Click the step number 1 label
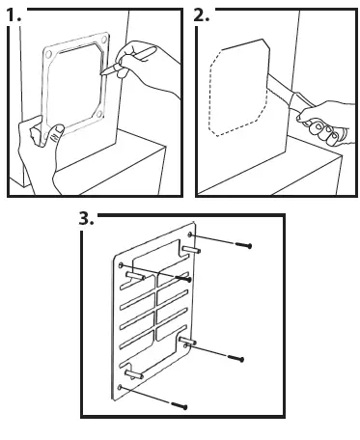tap(14, 15)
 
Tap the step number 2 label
tap(202, 15)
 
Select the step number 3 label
tap(86, 219)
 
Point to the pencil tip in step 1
tap(102, 73)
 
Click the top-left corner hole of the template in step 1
tap(48, 55)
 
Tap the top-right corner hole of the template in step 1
tap(104, 40)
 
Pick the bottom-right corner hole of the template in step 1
tap(99, 114)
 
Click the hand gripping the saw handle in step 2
tap(326, 123)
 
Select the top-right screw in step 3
tap(243, 245)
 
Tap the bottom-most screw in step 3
tap(179, 405)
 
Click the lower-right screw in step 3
tap(235, 358)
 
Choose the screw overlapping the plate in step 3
tap(183, 278)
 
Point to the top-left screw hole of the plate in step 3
tap(121, 265)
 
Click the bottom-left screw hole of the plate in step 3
tap(120, 387)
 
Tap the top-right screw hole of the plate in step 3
tap(190, 234)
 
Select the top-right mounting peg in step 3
tap(191, 250)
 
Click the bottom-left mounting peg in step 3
tap(134, 374)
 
